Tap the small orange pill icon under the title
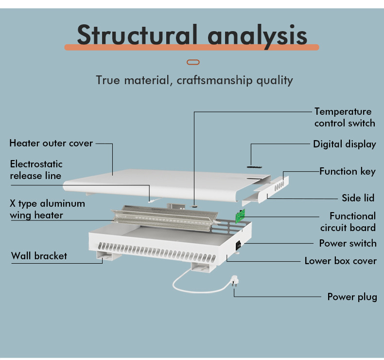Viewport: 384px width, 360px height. click(x=193, y=62)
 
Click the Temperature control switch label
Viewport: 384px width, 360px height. click(x=344, y=117)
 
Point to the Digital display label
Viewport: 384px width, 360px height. click(x=344, y=144)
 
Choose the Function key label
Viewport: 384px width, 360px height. click(x=347, y=171)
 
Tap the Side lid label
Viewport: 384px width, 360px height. click(x=359, y=198)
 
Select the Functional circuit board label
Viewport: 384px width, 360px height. click(x=348, y=221)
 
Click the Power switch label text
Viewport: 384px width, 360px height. click(x=348, y=243)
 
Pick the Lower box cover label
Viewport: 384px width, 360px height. click(x=340, y=261)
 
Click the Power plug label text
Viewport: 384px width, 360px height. click(x=352, y=297)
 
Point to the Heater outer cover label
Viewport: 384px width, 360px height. click(x=51, y=143)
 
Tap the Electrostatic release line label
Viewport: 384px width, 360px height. click(x=36, y=169)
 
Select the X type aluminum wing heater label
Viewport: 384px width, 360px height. click(x=47, y=209)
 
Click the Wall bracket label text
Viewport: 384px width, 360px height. click(x=39, y=256)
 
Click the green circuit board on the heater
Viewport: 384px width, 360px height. click(x=240, y=216)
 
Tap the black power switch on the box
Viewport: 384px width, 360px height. click(x=239, y=246)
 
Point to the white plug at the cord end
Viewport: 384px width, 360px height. click(x=232, y=282)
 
